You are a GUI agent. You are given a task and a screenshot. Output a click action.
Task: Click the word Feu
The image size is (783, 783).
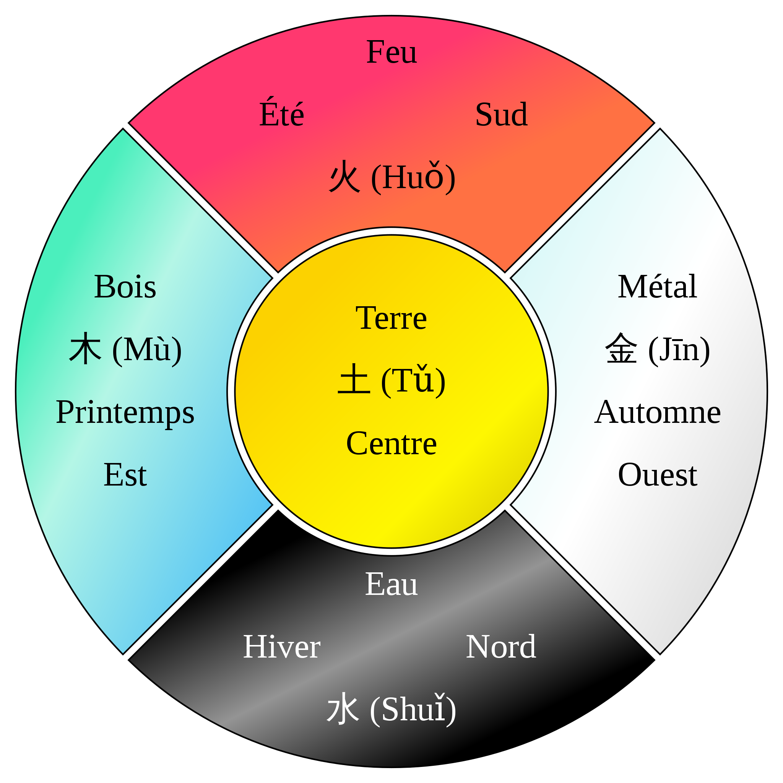(391, 52)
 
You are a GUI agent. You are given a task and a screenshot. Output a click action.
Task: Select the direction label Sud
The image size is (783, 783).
(501, 115)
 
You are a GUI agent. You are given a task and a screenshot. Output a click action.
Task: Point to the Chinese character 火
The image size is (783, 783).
(344, 176)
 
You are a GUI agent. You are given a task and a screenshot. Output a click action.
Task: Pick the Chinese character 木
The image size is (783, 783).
(85, 349)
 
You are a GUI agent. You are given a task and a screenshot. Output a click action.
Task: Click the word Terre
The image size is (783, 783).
(391, 318)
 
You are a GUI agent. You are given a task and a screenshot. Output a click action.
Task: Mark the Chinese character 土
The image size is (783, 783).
(354, 380)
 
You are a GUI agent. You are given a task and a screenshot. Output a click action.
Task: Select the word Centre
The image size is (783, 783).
(391, 443)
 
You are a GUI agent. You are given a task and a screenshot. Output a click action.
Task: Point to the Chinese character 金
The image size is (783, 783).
(621, 349)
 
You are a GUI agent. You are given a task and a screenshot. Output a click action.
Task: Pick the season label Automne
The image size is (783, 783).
(657, 413)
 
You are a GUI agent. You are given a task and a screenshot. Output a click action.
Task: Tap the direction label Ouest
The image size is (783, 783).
(657, 474)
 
